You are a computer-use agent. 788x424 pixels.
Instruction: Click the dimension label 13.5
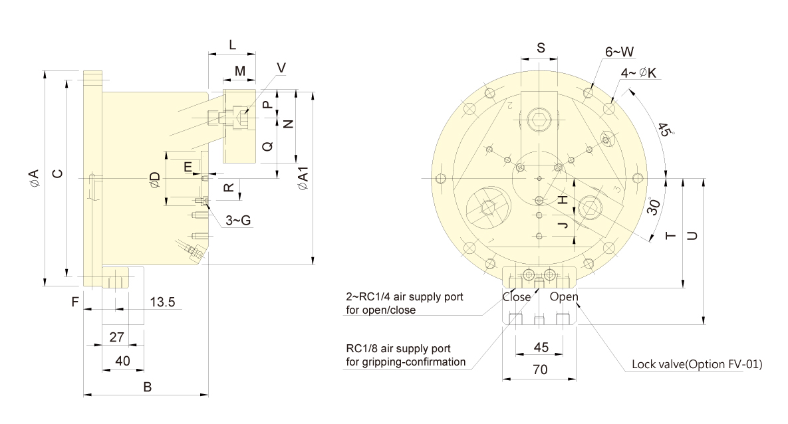[162, 302]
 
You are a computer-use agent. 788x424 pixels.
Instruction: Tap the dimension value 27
[116, 336]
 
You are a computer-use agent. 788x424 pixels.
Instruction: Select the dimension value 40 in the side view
[122, 361]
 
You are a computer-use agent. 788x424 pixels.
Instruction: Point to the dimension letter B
[147, 387]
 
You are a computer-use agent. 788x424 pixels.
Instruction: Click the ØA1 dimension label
[303, 179]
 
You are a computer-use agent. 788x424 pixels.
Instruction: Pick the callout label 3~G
[238, 220]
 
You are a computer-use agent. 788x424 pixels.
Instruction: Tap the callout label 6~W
[619, 52]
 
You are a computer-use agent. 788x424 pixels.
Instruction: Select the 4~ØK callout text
[638, 73]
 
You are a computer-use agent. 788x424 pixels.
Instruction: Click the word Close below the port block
[517, 297]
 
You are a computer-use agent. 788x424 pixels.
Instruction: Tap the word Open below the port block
[564, 297]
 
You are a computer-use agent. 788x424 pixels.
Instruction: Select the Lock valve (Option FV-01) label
[697, 364]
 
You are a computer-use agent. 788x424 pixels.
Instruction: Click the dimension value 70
[540, 370]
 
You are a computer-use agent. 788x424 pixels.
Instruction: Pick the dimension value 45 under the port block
[541, 347]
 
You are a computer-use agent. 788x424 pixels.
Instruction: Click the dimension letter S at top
[541, 48]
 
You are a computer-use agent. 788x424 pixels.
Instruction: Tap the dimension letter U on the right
[692, 235]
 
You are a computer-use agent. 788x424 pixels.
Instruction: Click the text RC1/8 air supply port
[398, 348]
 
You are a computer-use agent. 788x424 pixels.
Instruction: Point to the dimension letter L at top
[232, 45]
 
